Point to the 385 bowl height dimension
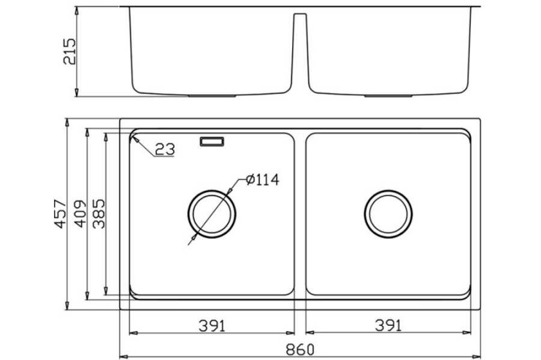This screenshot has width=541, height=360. click(x=99, y=214)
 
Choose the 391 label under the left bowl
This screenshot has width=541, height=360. click(x=212, y=326)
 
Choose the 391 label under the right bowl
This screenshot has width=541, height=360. click(x=388, y=326)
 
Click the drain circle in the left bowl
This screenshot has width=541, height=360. click(x=212, y=214)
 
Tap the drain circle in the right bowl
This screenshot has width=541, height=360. click(x=388, y=214)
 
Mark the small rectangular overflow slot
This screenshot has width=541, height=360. click(x=212, y=142)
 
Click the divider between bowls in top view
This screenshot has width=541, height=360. click(x=300, y=214)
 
